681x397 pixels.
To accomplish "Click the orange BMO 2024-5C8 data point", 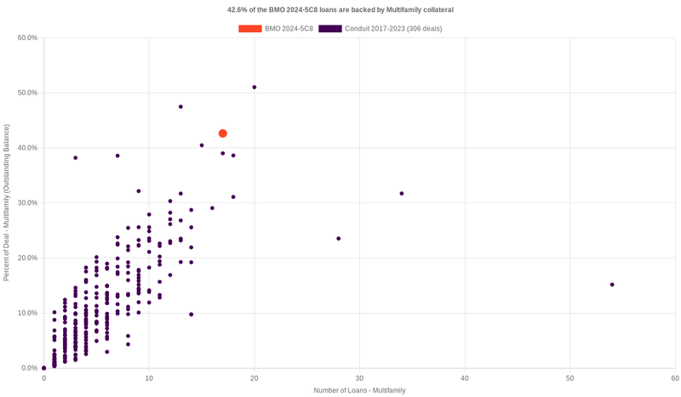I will (x=223, y=133).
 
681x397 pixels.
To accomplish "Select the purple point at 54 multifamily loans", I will (x=612, y=285).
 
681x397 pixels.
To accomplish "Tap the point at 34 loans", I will (x=402, y=194).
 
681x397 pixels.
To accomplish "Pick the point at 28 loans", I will (x=339, y=239).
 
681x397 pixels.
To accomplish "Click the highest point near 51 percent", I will (x=255, y=88).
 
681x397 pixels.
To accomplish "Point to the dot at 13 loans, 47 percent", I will (x=180, y=107).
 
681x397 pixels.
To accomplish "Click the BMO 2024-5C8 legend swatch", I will (x=250, y=29).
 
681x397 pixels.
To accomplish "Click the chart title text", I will (x=340, y=10).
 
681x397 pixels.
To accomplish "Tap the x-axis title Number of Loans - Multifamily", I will (x=359, y=390).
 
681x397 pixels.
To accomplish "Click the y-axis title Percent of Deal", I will (x=7, y=202).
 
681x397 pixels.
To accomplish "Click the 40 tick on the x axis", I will (x=465, y=377).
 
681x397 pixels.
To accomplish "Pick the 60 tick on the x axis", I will (x=674, y=377).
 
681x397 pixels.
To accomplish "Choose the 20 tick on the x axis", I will (x=255, y=377).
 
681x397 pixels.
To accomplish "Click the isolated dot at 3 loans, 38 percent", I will (x=76, y=158).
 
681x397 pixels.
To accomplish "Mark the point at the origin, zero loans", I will (x=44, y=368).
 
